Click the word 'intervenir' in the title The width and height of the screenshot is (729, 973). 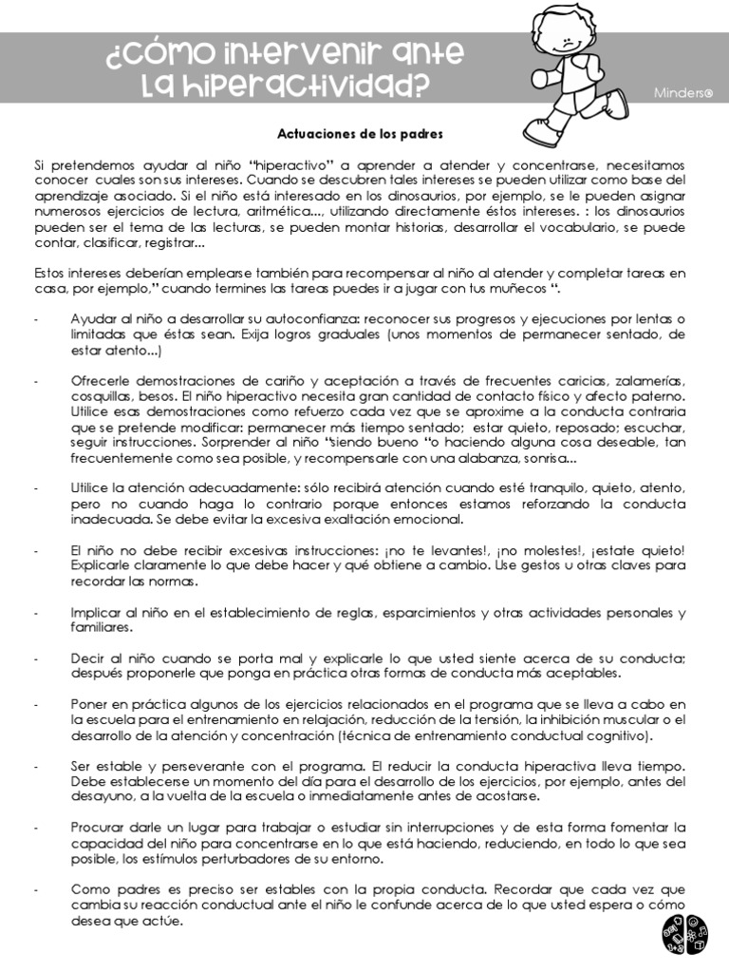pyautogui.click(x=291, y=55)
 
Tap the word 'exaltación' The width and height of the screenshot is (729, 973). pyautogui.click(x=359, y=520)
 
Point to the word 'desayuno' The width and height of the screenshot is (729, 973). pyautogui.click(x=102, y=795)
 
